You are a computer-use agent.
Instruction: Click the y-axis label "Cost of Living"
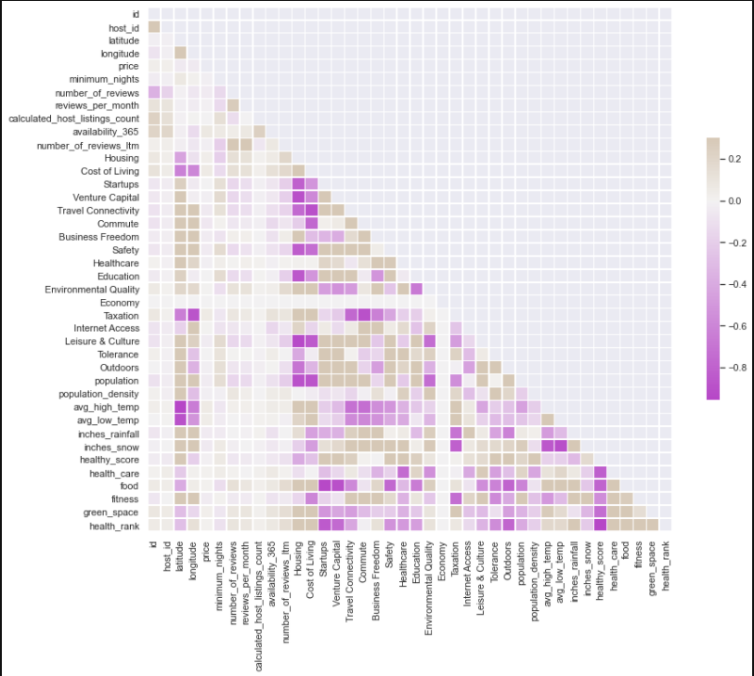tap(113, 171)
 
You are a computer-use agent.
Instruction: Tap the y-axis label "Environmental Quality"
tap(93, 289)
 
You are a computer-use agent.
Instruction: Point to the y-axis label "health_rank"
tap(114, 525)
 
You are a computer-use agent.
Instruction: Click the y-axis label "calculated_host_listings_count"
tap(74, 118)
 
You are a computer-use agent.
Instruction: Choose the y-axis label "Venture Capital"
tap(107, 197)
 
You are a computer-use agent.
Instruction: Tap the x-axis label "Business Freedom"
tap(375, 578)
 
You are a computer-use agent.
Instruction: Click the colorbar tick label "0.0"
tap(735, 201)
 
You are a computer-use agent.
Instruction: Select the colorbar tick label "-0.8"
tap(735, 368)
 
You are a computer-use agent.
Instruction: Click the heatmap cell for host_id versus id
tap(154, 26)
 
